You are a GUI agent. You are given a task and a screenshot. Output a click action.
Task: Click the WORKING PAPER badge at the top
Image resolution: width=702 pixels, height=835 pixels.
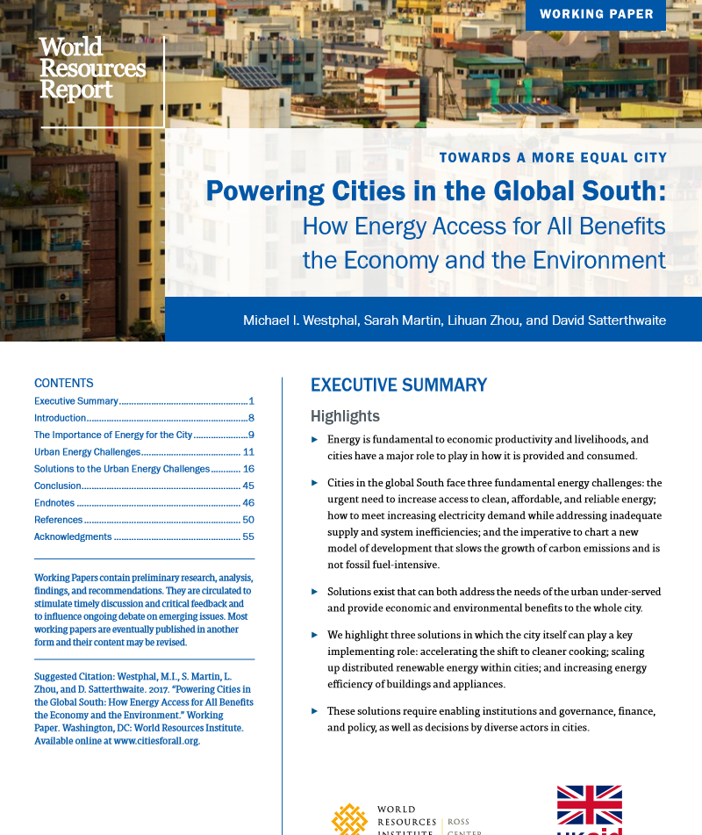[596, 14]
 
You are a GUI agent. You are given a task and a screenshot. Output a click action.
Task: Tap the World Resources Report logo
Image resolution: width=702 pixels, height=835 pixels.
[92, 68]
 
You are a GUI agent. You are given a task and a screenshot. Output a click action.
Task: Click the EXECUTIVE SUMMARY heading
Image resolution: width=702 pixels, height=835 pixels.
[398, 385]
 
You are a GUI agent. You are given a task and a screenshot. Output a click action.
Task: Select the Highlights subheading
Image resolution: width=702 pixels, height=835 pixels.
[345, 416]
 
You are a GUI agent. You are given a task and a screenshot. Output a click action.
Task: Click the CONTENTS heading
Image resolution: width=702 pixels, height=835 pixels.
[63, 383]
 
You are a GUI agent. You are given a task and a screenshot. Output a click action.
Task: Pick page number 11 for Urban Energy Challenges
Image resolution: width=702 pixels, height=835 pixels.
[248, 452]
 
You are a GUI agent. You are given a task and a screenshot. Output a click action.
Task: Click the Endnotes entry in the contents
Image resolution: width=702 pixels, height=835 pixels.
[54, 503]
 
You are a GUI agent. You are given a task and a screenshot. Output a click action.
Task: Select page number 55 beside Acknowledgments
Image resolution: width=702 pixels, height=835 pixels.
[248, 536]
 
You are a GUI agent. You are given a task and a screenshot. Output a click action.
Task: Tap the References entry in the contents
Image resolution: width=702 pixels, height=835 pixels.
[58, 520]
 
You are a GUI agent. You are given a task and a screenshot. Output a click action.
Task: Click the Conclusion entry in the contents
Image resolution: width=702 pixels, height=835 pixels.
[57, 486]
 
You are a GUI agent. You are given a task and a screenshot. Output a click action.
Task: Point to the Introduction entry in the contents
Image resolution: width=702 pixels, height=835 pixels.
[60, 418]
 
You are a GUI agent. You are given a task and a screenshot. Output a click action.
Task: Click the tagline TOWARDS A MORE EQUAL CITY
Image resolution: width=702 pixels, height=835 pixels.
[553, 158]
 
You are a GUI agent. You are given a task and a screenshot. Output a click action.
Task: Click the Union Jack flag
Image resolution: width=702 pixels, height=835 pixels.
[590, 805]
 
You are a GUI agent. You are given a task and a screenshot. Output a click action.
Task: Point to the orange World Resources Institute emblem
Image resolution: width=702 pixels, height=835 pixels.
[348, 819]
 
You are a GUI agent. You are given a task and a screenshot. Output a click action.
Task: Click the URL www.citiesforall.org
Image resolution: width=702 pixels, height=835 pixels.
[156, 741]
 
